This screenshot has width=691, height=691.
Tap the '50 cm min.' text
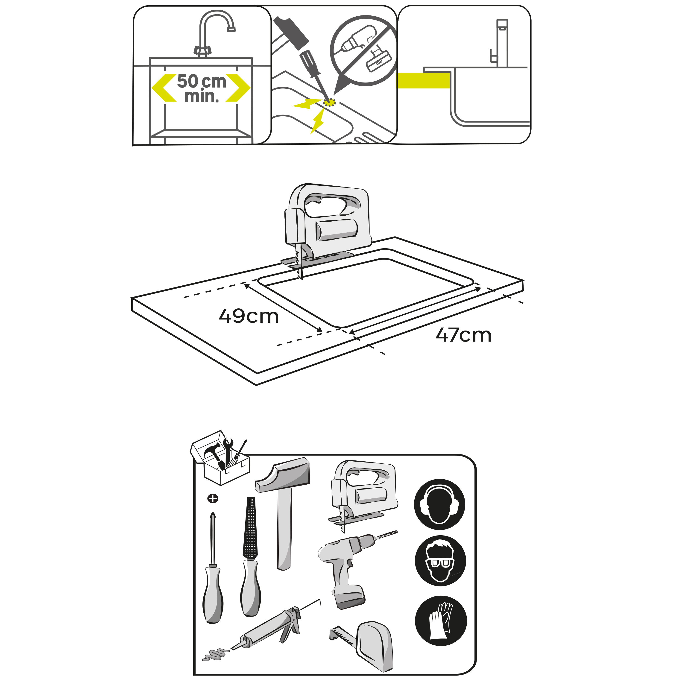coord(202,88)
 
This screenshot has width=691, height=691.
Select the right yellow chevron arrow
coord(238,88)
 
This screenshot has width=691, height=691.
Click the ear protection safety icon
coord(439,504)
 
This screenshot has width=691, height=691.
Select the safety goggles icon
coord(440,560)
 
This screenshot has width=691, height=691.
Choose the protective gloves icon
coord(441,621)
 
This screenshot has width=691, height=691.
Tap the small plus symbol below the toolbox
coord(213,498)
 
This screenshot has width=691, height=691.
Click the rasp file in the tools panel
coord(250,558)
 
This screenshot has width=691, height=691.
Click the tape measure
coord(368,646)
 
